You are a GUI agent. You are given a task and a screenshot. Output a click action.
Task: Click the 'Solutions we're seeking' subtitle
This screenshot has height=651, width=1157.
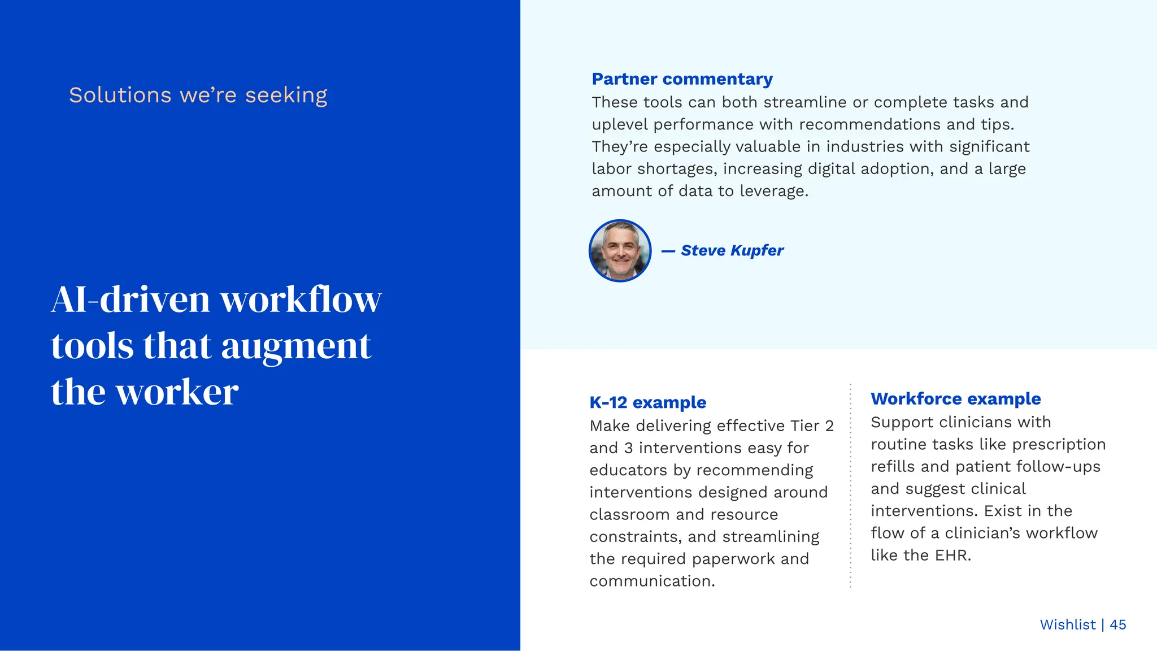[198, 95]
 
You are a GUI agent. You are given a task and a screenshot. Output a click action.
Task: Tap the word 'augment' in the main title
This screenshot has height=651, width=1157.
[296, 345]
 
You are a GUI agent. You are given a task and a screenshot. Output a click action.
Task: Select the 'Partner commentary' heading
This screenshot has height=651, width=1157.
[682, 79]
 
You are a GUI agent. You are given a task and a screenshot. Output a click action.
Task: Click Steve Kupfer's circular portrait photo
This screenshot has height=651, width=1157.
[620, 250]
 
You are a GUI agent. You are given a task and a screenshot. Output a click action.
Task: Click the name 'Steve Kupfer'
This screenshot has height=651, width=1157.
[732, 250]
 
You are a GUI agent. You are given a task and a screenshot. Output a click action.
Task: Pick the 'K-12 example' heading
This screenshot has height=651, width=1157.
[647, 402]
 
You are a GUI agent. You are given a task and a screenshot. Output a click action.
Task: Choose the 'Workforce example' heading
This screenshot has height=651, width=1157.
[955, 399]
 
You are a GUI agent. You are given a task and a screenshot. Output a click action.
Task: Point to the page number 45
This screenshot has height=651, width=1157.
[1117, 624]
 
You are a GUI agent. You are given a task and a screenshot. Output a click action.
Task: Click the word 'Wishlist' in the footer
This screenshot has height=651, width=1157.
[1068, 624]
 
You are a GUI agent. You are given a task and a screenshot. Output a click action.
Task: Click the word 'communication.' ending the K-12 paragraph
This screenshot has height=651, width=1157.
[652, 581]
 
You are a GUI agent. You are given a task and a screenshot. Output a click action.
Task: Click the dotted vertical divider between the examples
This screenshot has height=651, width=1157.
[850, 486]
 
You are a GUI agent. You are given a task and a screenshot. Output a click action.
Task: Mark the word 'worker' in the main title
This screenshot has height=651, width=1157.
[177, 392]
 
